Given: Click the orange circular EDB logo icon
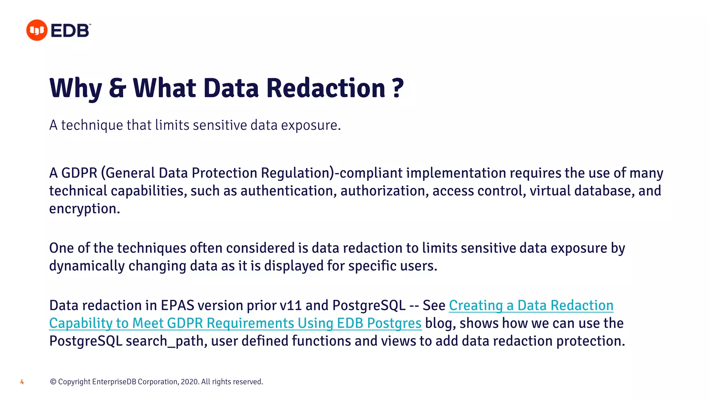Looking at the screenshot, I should pyautogui.click(x=36, y=30).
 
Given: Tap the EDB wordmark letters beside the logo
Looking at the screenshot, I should pyautogui.click(x=70, y=31).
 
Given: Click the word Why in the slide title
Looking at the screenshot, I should pyautogui.click(x=76, y=88).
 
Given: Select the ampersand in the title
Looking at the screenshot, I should pyautogui.click(x=118, y=88).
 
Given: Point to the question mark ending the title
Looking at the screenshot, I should pyautogui.click(x=398, y=88).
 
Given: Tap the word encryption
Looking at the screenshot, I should pyautogui.click(x=84, y=209).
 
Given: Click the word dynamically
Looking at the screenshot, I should pyautogui.click(x=87, y=266).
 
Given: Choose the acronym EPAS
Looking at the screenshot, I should pyautogui.click(x=177, y=306).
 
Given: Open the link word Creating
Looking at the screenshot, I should pyautogui.click(x=476, y=306).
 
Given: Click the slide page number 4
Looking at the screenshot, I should pyautogui.click(x=22, y=382).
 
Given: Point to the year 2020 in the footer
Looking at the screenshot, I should pyautogui.click(x=189, y=382).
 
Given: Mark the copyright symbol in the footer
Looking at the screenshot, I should pyautogui.click(x=53, y=382).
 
